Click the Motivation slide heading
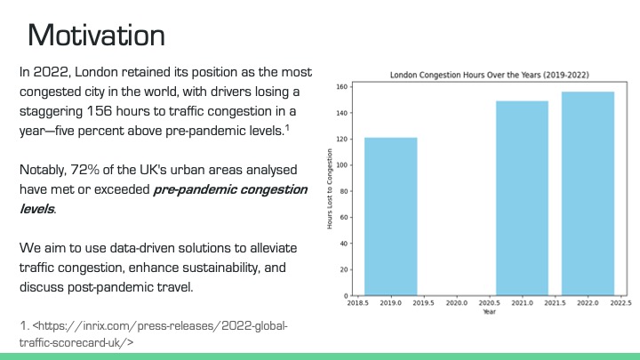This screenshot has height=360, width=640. click(96, 35)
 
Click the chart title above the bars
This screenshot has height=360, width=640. click(489, 75)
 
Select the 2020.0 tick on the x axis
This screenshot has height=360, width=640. click(456, 303)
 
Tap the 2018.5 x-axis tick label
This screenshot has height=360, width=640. click(357, 303)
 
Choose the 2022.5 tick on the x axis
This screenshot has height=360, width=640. click(620, 303)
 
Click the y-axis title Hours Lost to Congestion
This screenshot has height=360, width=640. click(329, 190)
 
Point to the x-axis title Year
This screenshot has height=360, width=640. click(489, 312)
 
